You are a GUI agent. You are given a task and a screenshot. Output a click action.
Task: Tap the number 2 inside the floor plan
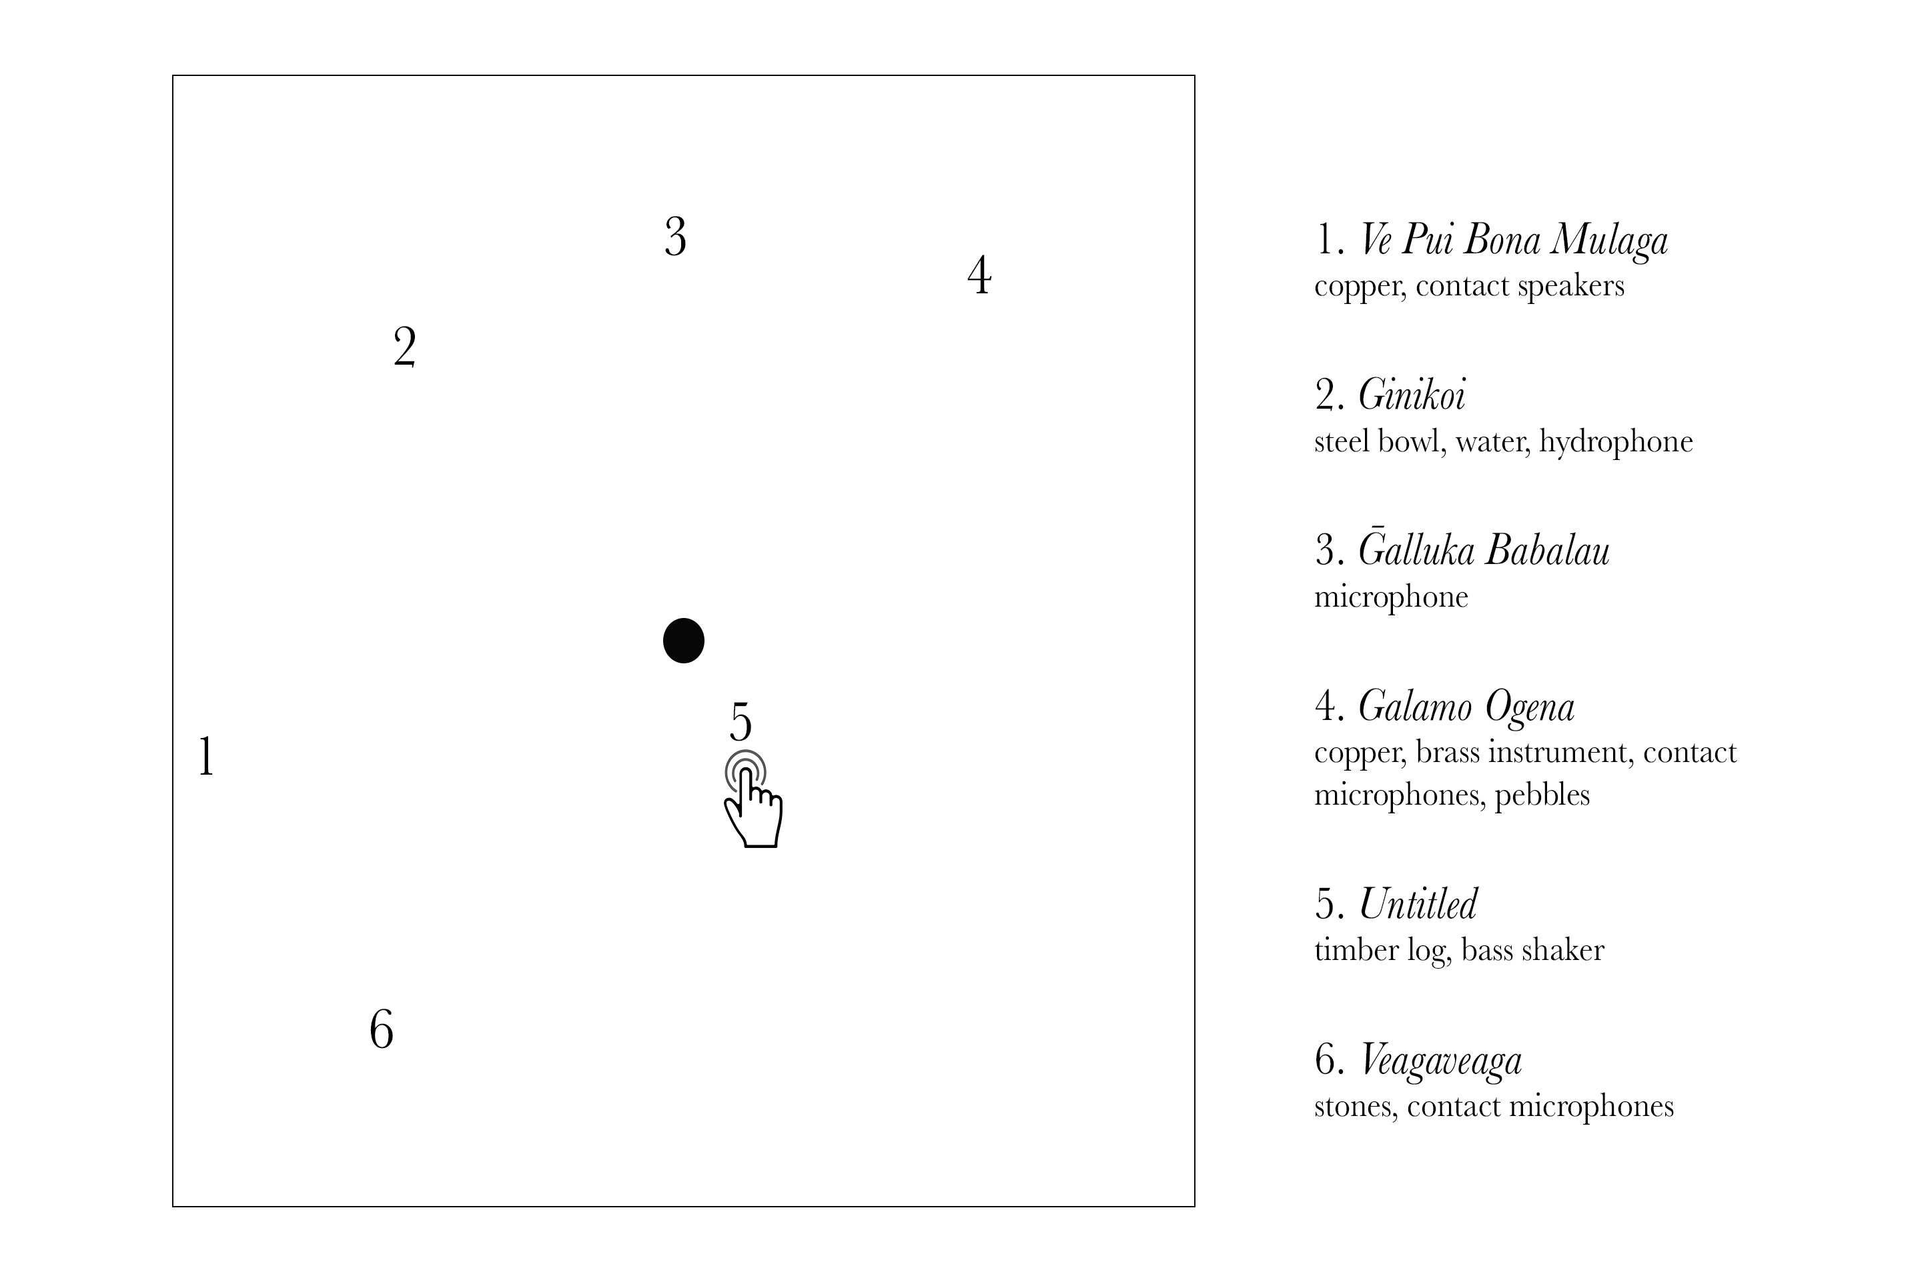pos(405,347)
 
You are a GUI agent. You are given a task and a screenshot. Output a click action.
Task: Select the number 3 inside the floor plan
pos(675,237)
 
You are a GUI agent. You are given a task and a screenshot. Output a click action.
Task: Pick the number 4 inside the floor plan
pos(979,275)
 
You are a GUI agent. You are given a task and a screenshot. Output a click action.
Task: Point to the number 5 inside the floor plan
pos(741,721)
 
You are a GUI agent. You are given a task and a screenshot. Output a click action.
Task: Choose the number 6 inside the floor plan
pos(381,1029)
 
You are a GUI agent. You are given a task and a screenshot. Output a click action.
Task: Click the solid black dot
pos(683,640)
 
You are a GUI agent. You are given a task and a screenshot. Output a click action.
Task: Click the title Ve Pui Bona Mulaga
pos(1513,241)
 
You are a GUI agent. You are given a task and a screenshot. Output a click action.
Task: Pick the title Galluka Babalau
pos(1484,550)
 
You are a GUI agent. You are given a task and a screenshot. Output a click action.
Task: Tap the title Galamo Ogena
pos(1466,707)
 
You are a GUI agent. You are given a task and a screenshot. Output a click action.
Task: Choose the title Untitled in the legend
pos(1418,904)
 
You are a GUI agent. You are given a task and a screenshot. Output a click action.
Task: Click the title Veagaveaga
pos(1440,1061)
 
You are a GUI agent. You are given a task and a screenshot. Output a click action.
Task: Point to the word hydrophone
pos(1616,441)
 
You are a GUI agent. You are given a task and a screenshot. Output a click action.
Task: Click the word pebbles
pos(1542,795)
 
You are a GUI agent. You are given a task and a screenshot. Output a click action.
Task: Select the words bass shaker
pos(1532,950)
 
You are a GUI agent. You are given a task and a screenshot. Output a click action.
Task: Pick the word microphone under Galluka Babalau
pos(1390,597)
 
